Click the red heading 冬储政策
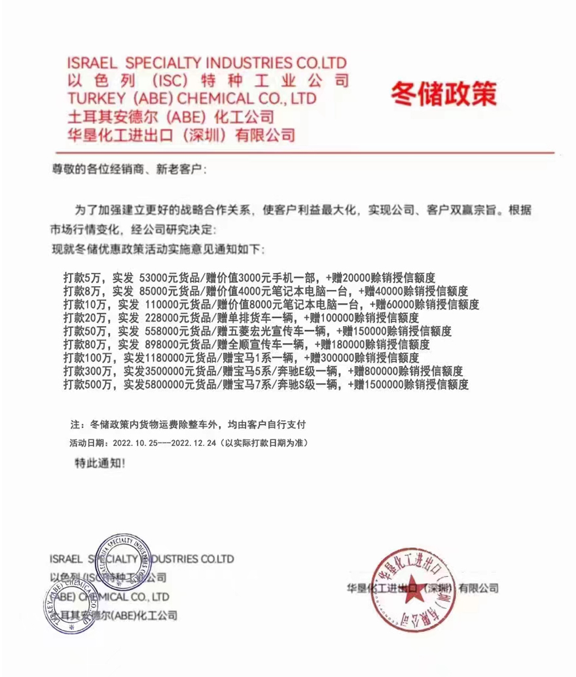pyautogui.click(x=443, y=93)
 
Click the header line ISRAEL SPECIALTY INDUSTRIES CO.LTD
pyautogui.click(x=206, y=64)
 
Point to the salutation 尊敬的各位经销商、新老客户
pyautogui.click(x=129, y=170)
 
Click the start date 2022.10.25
pyautogui.click(x=141, y=443)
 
